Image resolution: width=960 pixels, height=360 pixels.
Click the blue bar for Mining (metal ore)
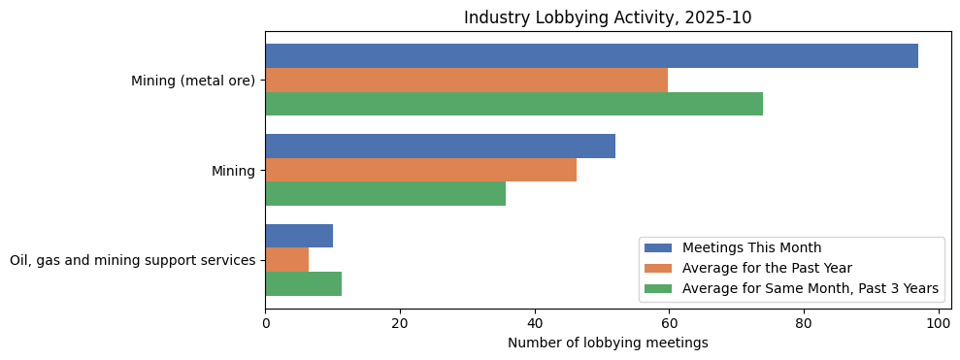click(591, 56)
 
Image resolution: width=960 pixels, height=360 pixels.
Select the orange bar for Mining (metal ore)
click(466, 81)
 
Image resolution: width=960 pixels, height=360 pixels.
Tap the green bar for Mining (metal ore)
click(513, 104)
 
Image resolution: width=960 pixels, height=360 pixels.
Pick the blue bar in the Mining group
click(440, 147)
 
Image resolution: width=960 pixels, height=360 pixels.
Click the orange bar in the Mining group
click(420, 170)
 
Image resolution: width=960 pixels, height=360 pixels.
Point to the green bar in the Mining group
click(385, 194)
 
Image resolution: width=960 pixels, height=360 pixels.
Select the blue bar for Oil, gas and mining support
click(299, 236)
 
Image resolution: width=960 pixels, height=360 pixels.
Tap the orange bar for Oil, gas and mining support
click(287, 260)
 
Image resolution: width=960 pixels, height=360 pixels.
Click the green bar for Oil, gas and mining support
click(303, 283)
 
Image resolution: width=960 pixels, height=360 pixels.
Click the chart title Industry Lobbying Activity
click(608, 17)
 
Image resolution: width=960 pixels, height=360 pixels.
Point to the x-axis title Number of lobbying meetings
click(608, 343)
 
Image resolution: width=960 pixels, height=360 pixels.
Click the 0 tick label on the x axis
click(265, 323)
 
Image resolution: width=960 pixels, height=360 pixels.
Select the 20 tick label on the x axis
click(400, 323)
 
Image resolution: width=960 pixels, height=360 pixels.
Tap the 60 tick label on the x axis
click(669, 323)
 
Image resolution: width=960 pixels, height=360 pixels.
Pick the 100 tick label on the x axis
click(938, 323)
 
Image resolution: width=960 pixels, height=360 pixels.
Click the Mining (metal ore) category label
click(193, 81)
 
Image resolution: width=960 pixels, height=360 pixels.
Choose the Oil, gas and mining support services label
click(132, 260)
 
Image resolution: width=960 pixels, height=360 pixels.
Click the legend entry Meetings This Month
click(751, 247)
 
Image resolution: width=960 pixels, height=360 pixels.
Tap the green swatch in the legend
click(657, 288)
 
